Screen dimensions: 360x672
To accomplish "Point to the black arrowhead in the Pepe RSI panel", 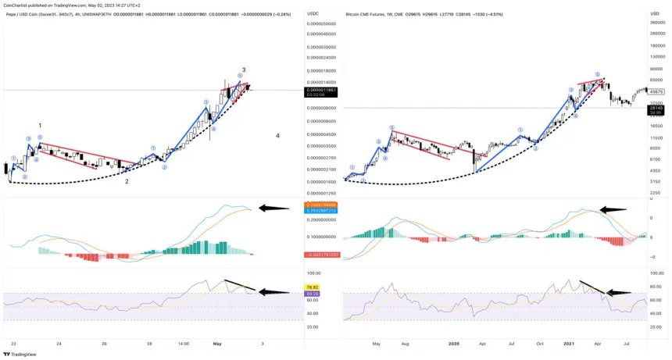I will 261,292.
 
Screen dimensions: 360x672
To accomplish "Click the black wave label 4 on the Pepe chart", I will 278,136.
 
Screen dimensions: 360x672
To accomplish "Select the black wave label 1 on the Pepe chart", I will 40,125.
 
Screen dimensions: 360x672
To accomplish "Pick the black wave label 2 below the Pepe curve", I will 127,181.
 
